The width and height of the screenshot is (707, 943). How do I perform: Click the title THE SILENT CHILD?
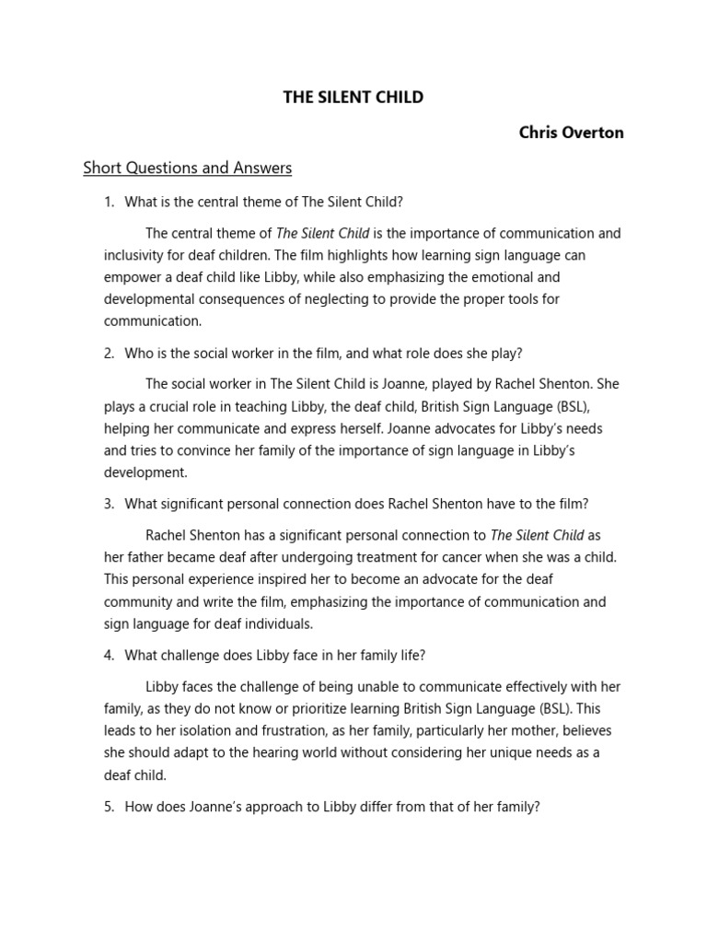pos(353,97)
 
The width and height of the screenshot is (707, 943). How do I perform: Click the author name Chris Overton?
pos(571,132)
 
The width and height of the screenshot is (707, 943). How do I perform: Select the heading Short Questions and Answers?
pos(187,168)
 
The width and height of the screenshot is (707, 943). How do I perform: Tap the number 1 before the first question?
pos(108,202)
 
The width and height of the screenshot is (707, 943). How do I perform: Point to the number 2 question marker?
pos(108,353)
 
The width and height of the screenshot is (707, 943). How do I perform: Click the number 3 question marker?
pos(108,504)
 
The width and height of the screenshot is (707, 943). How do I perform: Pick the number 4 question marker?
pos(108,655)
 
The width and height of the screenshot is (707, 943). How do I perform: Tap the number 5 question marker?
pos(108,806)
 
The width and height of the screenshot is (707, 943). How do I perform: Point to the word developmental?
pos(152,299)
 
